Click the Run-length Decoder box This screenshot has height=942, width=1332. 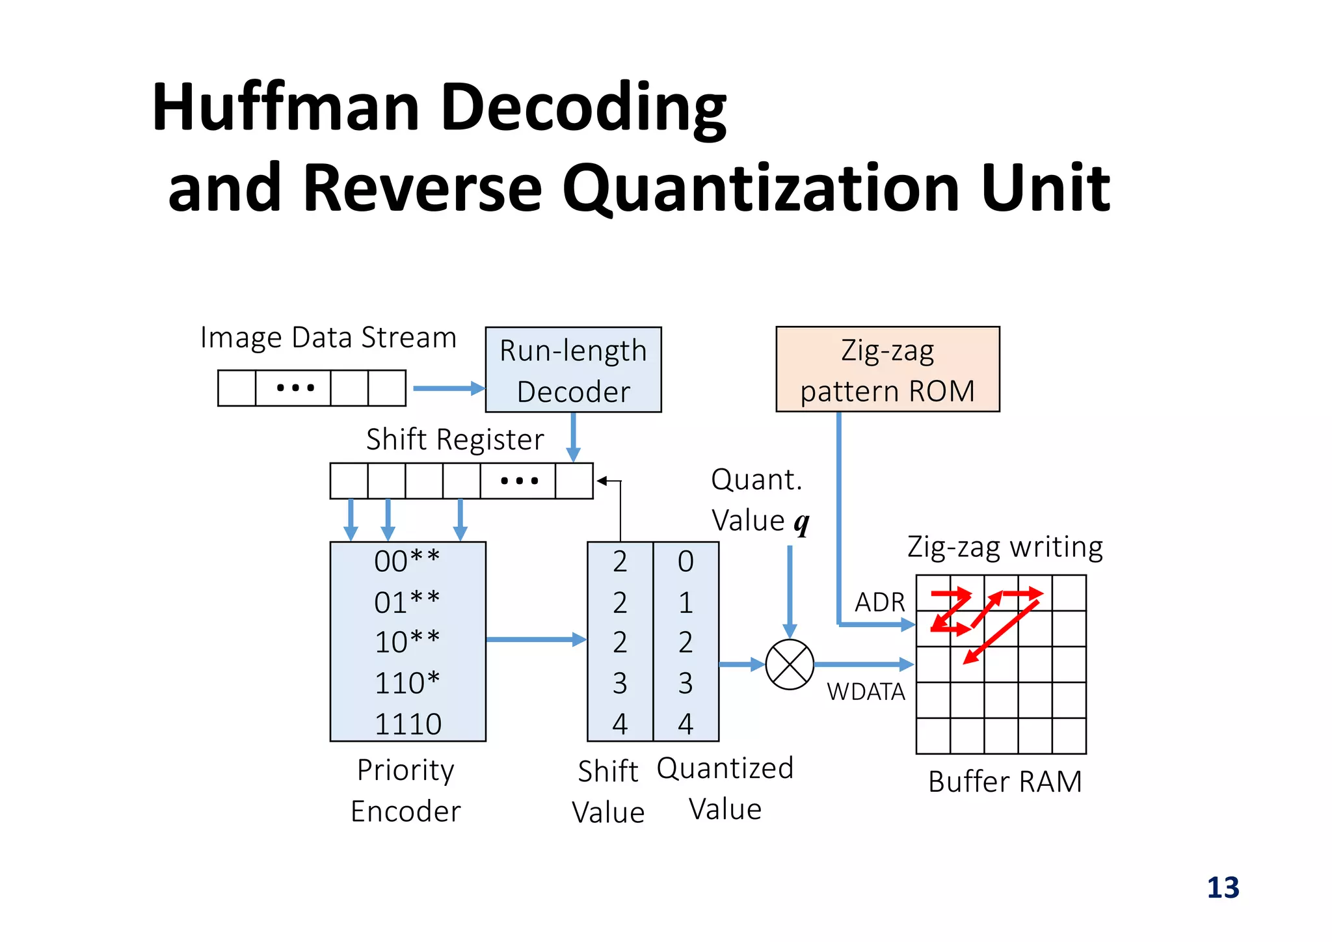[x=573, y=370]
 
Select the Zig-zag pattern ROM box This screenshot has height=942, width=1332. [x=887, y=370]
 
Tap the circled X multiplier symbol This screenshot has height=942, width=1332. [x=790, y=664]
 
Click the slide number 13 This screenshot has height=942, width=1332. [x=1223, y=888]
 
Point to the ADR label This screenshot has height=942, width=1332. [x=879, y=602]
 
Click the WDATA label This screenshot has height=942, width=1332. [x=866, y=692]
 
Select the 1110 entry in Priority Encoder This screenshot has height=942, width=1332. [x=408, y=724]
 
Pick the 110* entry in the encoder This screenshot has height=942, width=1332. [x=408, y=683]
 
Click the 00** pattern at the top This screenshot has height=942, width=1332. [x=408, y=561]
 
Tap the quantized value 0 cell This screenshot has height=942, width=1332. [x=686, y=561]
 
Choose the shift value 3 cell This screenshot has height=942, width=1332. [x=620, y=683]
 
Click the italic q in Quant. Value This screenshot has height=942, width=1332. [x=802, y=522]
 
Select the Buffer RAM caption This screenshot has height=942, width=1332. [x=1005, y=781]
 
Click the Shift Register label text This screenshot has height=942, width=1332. [x=455, y=440]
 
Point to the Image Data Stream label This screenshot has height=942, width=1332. [x=328, y=338]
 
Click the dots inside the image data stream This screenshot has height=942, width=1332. [x=295, y=388]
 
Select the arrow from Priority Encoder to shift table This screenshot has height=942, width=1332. [x=535, y=639]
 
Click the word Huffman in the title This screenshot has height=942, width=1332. [x=286, y=107]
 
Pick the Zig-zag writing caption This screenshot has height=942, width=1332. [x=1005, y=546]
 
